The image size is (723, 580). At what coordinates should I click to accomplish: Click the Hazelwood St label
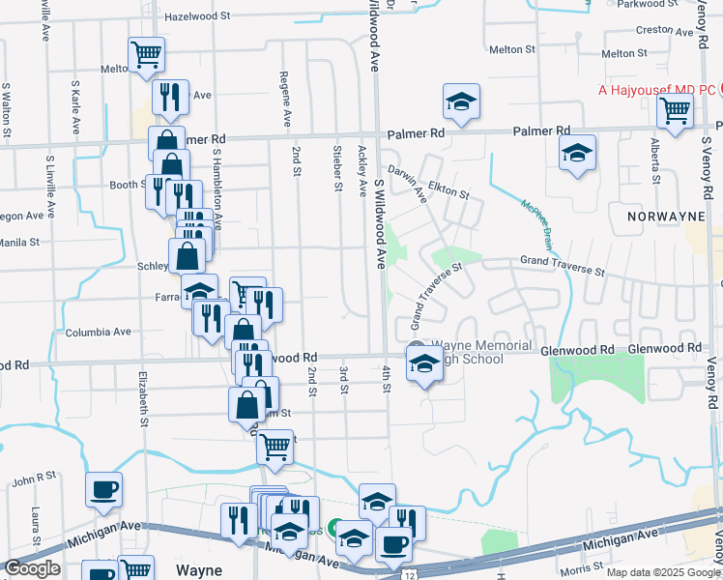click(197, 16)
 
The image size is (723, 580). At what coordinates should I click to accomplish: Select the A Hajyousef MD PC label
click(656, 89)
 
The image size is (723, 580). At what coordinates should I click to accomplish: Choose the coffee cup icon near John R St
click(104, 489)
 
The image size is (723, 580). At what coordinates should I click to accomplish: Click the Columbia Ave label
click(98, 333)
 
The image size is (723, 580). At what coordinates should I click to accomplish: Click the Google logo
click(33, 568)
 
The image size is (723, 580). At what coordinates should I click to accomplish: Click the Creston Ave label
click(665, 30)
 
